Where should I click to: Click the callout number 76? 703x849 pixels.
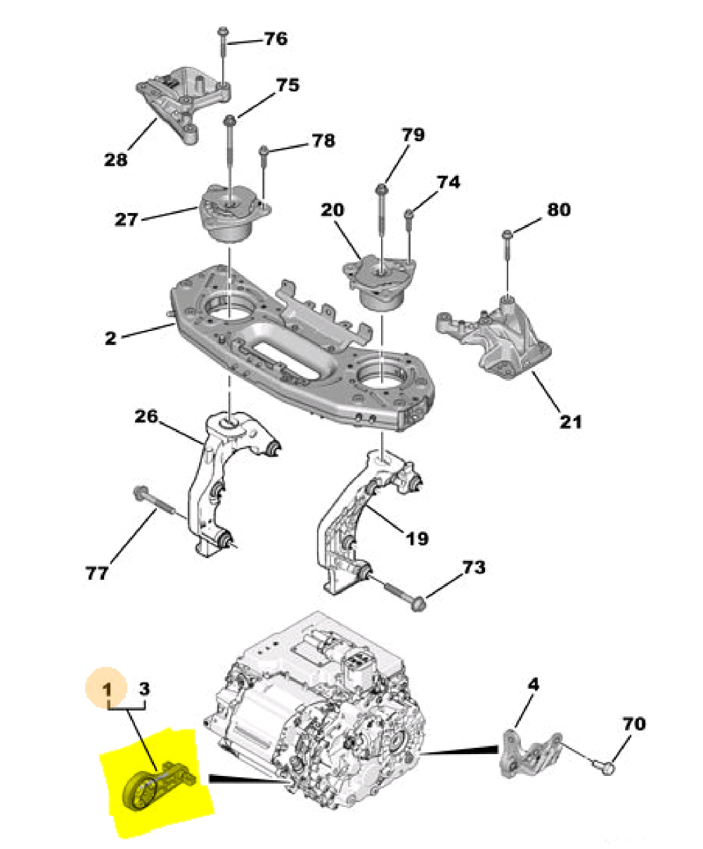point(276,39)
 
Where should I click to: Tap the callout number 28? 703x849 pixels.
point(115,160)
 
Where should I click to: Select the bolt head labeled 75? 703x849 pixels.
point(230,120)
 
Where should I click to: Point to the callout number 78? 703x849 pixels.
point(323,141)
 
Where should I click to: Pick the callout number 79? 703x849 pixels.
point(413,134)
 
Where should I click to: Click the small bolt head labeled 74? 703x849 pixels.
point(409,213)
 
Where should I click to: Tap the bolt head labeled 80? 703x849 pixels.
point(507,234)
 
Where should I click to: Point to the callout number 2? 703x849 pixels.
point(110,338)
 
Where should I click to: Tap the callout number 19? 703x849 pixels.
point(417,539)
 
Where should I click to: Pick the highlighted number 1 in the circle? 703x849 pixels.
point(107,689)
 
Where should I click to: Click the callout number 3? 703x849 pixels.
point(144,689)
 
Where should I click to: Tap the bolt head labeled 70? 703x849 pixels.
point(607,768)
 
